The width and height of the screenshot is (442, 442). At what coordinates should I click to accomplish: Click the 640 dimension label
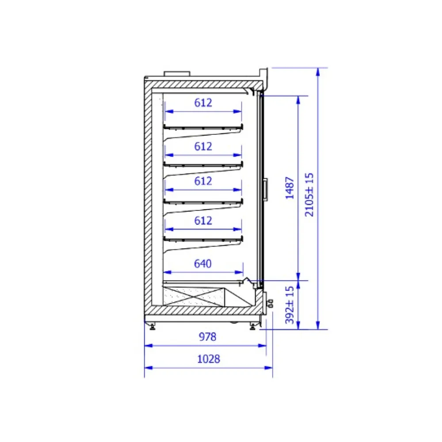click(x=203, y=264)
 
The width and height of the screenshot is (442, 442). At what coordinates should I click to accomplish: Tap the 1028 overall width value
click(x=208, y=359)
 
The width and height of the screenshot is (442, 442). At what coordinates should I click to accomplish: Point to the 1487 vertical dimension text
click(x=290, y=188)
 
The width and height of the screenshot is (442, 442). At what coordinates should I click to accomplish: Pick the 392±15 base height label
click(x=290, y=305)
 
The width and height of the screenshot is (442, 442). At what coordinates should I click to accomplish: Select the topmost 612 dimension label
click(x=203, y=103)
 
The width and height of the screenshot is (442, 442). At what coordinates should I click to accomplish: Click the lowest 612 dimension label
click(x=203, y=220)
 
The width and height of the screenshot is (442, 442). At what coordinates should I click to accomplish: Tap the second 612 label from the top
click(x=203, y=146)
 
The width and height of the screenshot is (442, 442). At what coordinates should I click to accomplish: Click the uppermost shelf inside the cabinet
click(x=203, y=127)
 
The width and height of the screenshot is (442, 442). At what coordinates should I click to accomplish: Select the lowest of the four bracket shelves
click(x=203, y=239)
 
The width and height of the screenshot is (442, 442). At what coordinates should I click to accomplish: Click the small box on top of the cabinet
click(x=177, y=73)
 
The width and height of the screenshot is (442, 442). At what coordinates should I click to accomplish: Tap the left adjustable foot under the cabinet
click(x=152, y=326)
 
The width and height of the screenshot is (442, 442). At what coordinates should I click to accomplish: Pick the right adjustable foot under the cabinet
click(x=252, y=326)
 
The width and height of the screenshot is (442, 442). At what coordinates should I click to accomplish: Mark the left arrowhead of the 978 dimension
click(x=147, y=345)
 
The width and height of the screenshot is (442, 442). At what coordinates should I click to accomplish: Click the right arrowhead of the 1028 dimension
click(x=270, y=367)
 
